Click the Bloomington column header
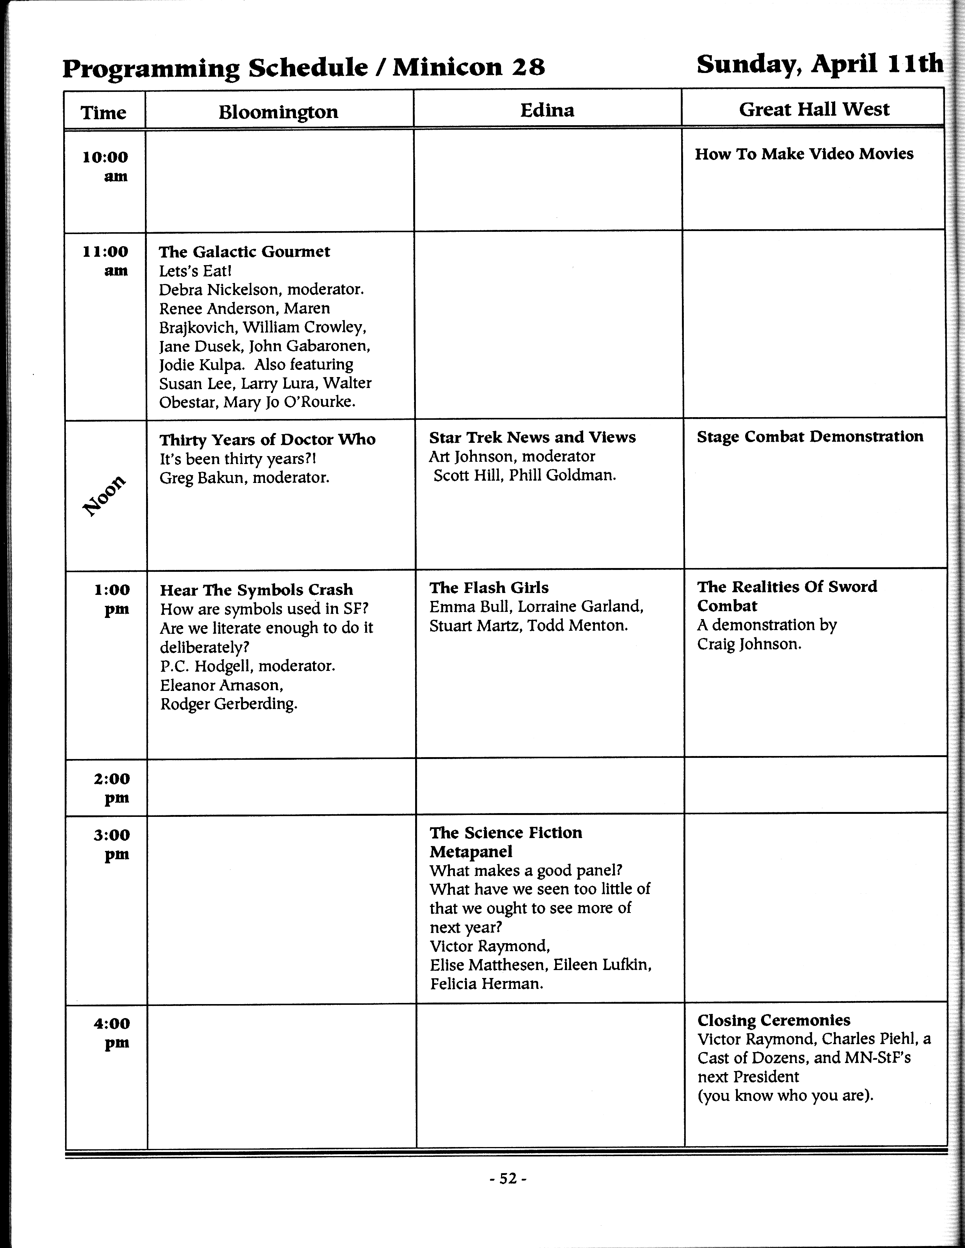279,112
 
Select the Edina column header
547,110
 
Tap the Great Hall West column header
814,109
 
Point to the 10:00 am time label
105,166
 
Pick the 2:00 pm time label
112,787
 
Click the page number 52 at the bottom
507,1179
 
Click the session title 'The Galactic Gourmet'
244,251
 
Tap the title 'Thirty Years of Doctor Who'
267,439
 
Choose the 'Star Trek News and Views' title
532,437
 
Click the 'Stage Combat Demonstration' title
809,436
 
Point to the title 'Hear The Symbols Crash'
256,590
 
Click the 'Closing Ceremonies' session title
774,1020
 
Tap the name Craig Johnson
749,644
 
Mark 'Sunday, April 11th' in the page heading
819,64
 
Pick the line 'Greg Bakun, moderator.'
244,477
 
